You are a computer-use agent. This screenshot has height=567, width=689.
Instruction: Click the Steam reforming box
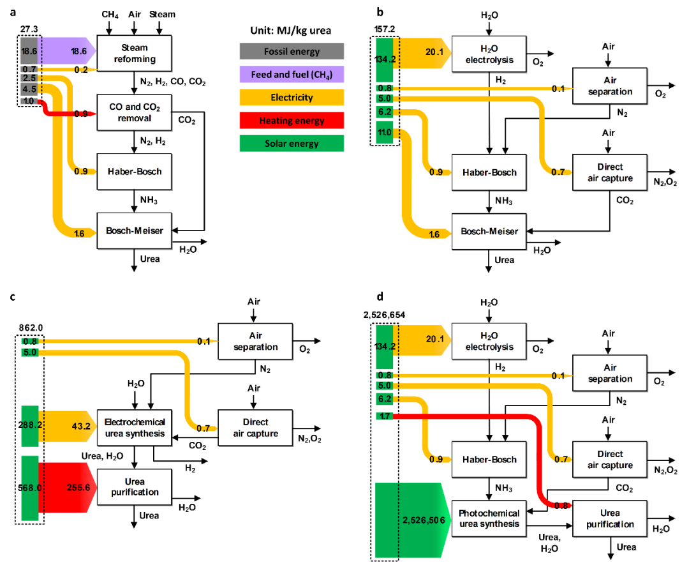click(135, 53)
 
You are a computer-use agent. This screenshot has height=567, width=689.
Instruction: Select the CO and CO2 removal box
click(135, 112)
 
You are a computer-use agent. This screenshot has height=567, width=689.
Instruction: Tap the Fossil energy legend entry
click(292, 51)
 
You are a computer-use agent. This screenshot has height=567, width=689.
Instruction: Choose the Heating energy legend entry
click(292, 120)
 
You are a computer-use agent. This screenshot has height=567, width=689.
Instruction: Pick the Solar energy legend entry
click(292, 143)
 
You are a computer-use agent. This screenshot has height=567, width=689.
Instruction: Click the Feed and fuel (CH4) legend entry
click(292, 74)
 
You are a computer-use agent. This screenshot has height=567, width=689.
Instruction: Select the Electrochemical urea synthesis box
click(135, 427)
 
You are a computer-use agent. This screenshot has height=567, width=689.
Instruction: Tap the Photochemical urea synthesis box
click(489, 518)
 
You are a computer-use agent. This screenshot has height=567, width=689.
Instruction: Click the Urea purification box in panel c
click(135, 487)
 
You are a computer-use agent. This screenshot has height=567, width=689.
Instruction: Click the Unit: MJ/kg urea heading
click(292, 30)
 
